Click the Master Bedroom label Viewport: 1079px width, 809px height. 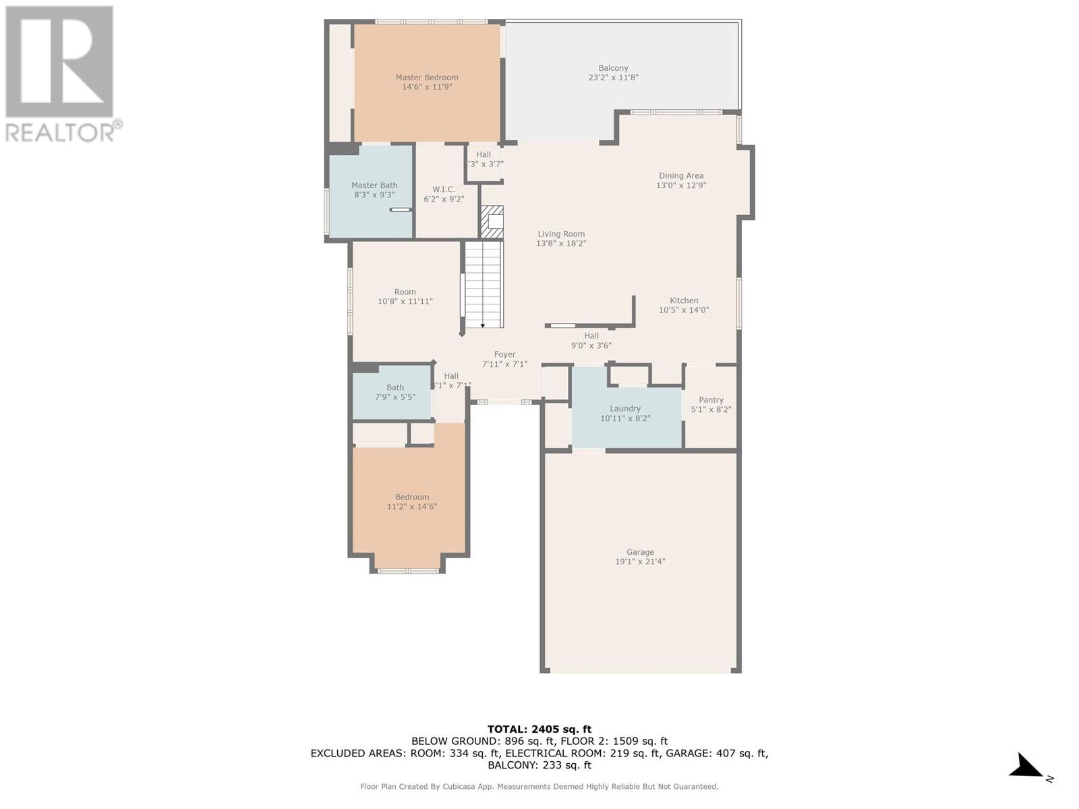(427, 77)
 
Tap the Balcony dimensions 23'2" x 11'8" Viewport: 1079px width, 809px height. (613, 77)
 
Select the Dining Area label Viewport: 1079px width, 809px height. (681, 175)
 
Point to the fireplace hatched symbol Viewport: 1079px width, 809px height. (492, 222)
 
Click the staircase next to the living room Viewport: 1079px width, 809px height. (484, 284)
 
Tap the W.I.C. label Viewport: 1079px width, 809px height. (443, 189)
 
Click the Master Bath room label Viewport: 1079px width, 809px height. (374, 185)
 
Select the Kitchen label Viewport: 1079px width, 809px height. (684, 300)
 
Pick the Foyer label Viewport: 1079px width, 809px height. (504, 354)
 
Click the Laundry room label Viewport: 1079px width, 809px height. (624, 408)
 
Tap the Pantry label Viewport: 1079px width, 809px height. (711, 400)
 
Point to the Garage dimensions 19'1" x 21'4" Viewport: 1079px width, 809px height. (640, 562)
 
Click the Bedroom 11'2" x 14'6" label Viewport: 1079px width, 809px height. (412, 502)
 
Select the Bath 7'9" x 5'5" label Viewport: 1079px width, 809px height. (395, 392)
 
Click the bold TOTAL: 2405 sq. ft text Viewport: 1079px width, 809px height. (539, 729)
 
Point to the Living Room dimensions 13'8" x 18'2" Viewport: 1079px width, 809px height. (561, 243)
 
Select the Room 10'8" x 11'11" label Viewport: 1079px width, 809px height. (405, 296)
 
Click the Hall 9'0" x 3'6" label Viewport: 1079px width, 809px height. (591, 340)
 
